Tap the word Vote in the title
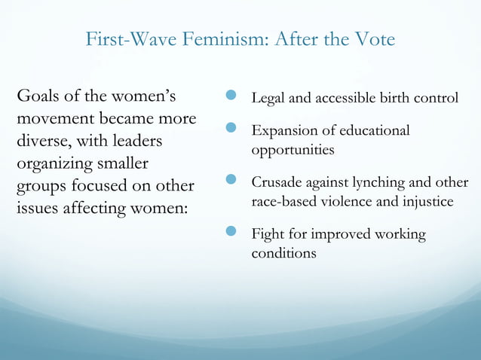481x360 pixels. [372, 39]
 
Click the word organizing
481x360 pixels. [54, 164]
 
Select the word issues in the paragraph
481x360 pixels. [38, 208]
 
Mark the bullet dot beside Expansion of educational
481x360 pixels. [231, 130]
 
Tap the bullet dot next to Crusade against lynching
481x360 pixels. [231, 182]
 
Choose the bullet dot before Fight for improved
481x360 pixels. [231, 233]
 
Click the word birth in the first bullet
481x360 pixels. [401, 99]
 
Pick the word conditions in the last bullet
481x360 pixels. [283, 253]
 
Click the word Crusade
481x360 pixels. [275, 183]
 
